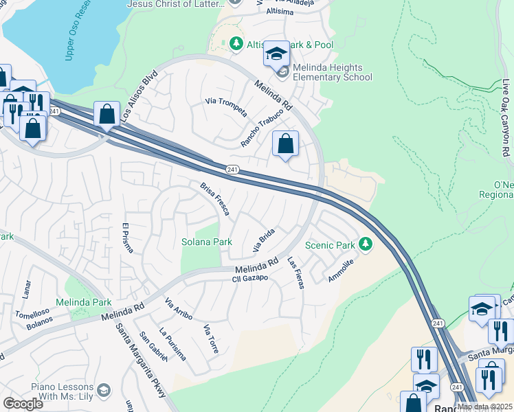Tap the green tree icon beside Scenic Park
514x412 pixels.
366,244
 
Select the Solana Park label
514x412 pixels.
206,242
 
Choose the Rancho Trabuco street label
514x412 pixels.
262,128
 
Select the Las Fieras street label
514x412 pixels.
295,273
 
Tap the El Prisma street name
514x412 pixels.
126,238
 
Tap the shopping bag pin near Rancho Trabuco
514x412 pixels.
285,144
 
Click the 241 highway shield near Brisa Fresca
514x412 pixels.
233,169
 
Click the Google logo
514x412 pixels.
23,404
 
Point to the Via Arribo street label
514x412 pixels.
179,309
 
